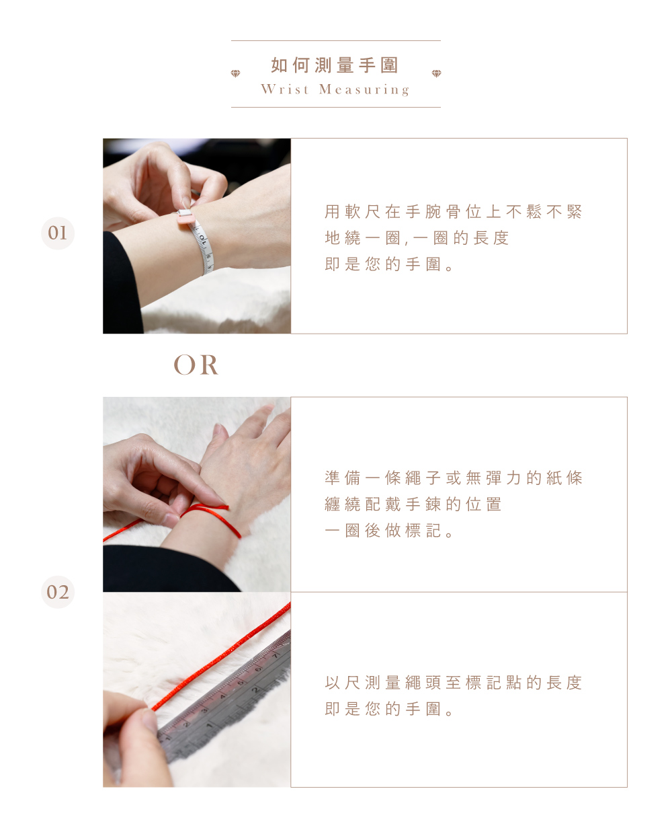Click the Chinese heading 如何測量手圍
coord(335,65)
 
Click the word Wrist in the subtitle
coord(285,89)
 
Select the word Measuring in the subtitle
coord(364,89)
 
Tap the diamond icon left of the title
coord(235,73)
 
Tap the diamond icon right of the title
coord(437,73)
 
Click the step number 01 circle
coord(58,233)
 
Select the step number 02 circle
coord(58,592)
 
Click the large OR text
coord(196,365)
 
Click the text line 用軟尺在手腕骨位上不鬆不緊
coord(453,212)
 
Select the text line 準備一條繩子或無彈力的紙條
coord(453,478)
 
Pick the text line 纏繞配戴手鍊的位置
coord(413,504)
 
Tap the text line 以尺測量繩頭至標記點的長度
coord(453,683)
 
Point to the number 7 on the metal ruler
coord(276,656)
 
